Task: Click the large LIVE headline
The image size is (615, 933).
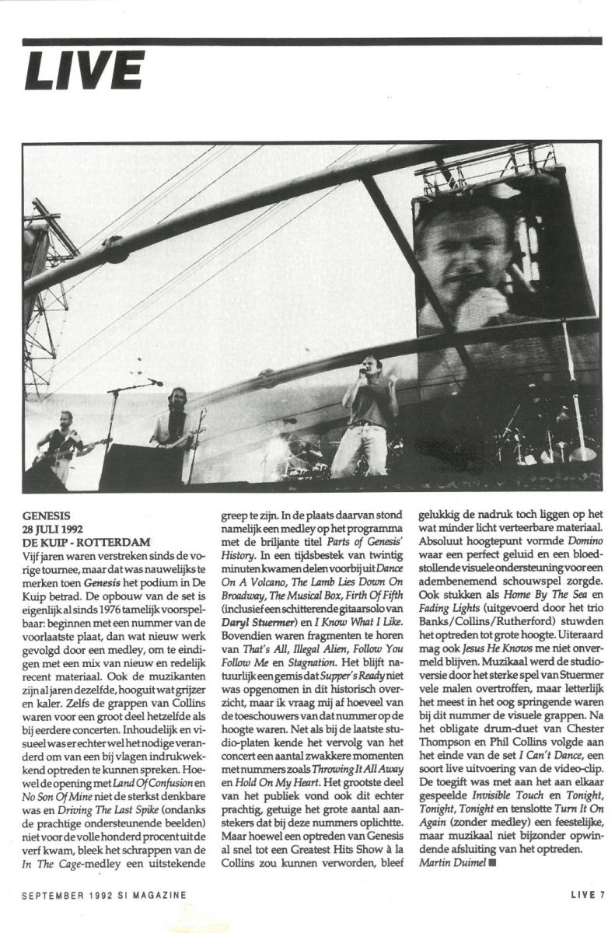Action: tap(84, 71)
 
